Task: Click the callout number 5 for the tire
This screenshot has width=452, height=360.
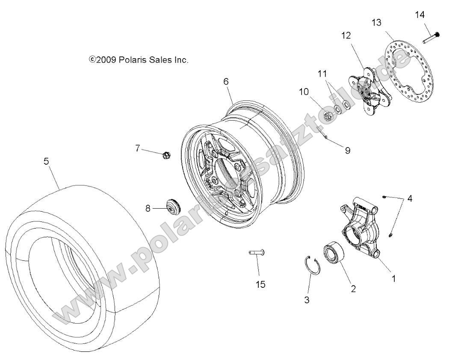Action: point(46,161)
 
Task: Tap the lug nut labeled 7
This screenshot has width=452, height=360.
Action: point(166,154)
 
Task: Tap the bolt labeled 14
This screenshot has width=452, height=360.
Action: point(430,38)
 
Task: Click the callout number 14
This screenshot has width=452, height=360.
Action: point(420,15)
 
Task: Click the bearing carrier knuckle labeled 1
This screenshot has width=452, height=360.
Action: point(362,227)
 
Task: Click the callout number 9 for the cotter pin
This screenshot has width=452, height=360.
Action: point(347,150)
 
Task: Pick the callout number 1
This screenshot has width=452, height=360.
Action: point(393,278)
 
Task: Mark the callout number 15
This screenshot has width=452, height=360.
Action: point(260,284)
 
